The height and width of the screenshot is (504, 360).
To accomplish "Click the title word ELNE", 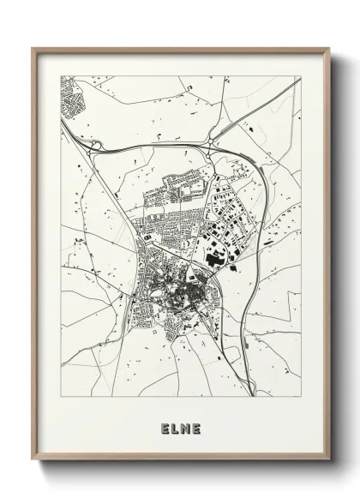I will (180, 428).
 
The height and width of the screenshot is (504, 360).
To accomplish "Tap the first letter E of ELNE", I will (164, 428).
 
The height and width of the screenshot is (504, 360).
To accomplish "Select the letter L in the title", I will (175, 428).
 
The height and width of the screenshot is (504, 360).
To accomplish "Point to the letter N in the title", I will (185, 428).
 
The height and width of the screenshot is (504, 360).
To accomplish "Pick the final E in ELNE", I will (196, 428).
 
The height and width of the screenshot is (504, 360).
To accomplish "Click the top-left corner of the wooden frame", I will (33, 48).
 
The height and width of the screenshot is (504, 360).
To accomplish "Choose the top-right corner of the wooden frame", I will (330, 48).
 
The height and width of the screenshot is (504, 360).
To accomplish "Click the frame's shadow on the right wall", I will (337, 257).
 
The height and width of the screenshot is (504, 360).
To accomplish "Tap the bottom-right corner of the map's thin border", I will (301, 397).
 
